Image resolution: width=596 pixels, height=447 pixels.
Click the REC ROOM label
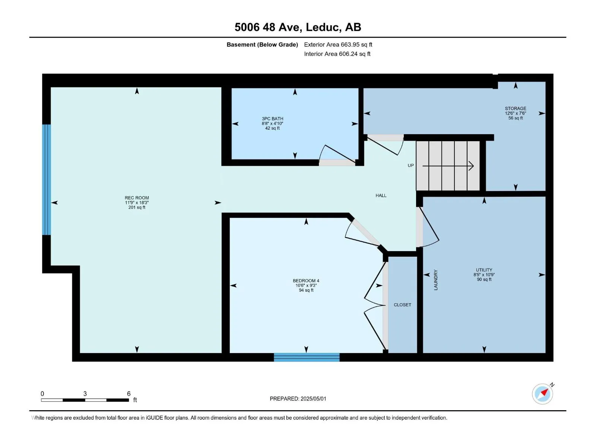[x=137, y=198]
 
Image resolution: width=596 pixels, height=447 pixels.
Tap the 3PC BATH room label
[x=272, y=118]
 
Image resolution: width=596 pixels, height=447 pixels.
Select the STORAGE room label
[x=516, y=108]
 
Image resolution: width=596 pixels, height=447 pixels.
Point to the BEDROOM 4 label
[x=306, y=280]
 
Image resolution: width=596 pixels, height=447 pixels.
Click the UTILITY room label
[x=484, y=270]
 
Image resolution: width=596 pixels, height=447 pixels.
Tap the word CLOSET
[x=402, y=305]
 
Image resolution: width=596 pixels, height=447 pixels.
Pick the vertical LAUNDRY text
[x=435, y=280]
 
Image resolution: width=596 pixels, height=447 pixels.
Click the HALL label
[x=381, y=196]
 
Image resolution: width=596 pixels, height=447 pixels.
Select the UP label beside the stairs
[x=410, y=165]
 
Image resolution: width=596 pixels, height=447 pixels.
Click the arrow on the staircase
[x=448, y=166]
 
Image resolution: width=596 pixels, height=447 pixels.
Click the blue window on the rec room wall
[x=47, y=180]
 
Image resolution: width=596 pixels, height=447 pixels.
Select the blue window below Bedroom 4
[x=307, y=357]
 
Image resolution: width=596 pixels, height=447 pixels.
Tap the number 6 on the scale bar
[x=129, y=393]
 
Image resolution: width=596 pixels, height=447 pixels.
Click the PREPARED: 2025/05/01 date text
[x=298, y=399]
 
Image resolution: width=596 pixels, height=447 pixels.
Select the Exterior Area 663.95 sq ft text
[x=338, y=44]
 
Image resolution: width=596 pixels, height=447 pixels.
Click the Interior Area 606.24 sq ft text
[x=337, y=54]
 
